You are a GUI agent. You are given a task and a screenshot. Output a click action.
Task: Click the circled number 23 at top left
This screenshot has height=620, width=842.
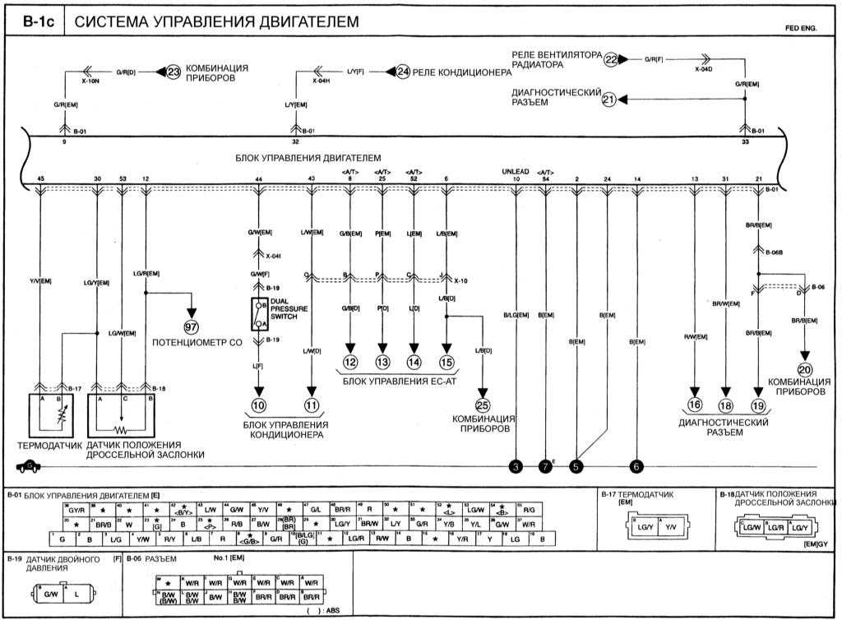click(173, 72)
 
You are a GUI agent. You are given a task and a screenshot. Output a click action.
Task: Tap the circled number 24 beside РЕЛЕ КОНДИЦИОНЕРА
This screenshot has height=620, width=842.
click(402, 72)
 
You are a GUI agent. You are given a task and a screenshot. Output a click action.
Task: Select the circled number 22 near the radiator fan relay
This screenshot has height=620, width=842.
click(611, 59)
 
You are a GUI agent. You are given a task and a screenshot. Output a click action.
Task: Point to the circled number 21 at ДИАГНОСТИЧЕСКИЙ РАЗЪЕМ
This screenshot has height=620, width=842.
click(609, 99)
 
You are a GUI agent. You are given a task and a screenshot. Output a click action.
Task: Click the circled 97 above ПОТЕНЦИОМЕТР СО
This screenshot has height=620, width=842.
click(192, 313)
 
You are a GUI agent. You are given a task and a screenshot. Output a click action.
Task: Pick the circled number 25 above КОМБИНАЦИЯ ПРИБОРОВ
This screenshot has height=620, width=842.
click(483, 405)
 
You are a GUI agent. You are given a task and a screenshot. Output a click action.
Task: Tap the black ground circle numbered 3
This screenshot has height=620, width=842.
click(516, 467)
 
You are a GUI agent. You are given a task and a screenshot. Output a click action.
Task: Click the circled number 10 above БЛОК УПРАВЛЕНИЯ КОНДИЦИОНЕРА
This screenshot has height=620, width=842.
click(259, 405)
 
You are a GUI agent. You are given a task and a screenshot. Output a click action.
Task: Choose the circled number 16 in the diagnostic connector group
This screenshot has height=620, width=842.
click(696, 405)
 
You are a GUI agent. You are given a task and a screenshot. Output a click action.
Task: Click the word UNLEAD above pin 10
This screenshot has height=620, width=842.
click(515, 171)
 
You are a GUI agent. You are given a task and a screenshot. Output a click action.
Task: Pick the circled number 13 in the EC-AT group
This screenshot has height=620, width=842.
click(382, 362)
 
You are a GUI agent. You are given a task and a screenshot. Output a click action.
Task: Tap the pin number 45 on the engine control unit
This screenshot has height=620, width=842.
click(41, 178)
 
